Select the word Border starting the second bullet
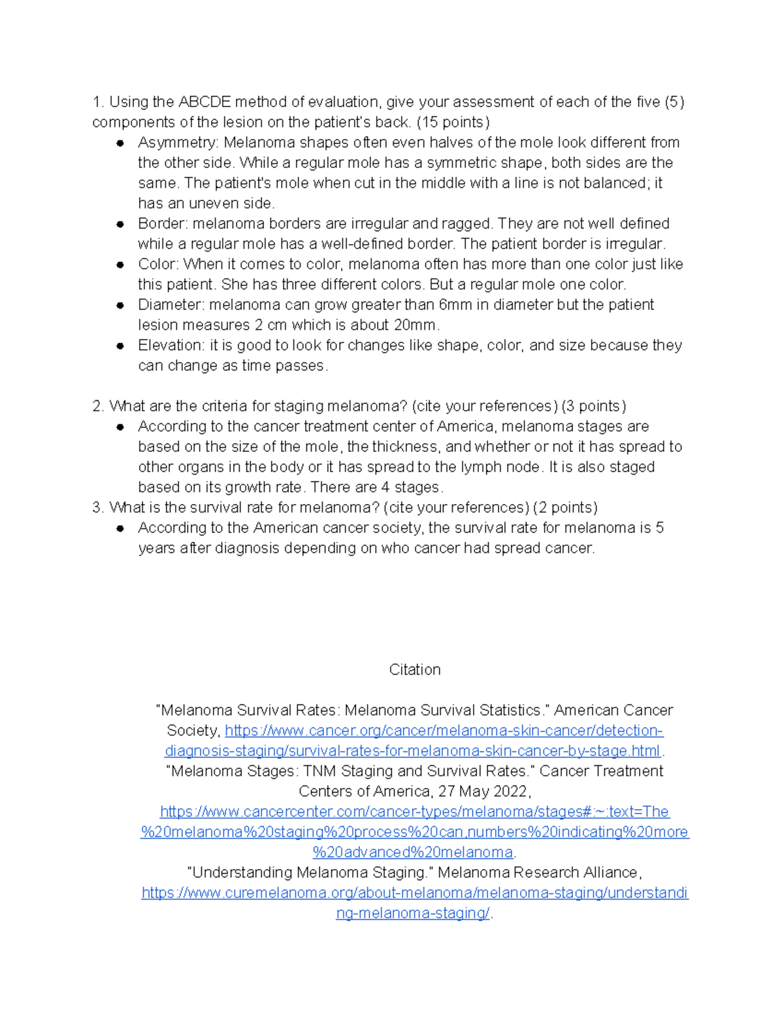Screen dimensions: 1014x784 (162, 224)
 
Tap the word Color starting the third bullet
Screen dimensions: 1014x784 (157, 264)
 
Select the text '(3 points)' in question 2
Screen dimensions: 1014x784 (593, 406)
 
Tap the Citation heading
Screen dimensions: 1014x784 (414, 670)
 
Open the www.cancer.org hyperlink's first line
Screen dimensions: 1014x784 (444, 731)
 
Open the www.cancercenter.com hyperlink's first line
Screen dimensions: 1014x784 (414, 812)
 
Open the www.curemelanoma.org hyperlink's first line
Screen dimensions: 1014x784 (414, 893)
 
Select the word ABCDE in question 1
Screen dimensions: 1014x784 (204, 103)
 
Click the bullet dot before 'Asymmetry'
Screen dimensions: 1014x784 (120, 143)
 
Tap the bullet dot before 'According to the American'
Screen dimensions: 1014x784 (120, 528)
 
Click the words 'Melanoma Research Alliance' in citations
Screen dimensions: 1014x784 (539, 872)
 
